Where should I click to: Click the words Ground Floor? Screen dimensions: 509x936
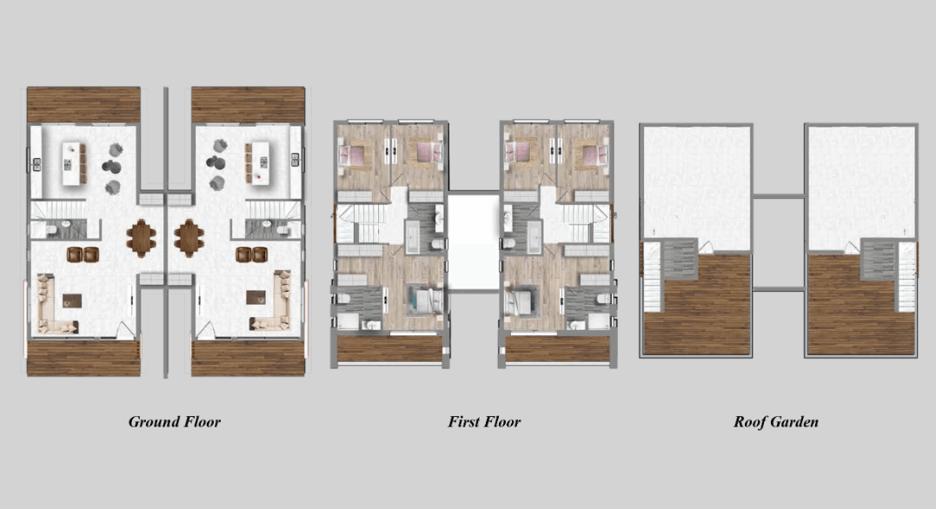[174, 422]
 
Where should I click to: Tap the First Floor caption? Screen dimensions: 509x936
[484, 422]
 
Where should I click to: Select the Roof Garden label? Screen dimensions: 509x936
[775, 422]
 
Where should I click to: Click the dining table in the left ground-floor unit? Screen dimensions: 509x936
[140, 237]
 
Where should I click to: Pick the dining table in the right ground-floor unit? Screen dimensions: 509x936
[189, 236]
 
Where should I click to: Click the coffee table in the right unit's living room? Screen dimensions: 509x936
[256, 298]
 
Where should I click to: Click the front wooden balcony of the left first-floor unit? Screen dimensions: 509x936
[389, 347]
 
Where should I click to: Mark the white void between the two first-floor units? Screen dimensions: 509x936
[474, 243]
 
